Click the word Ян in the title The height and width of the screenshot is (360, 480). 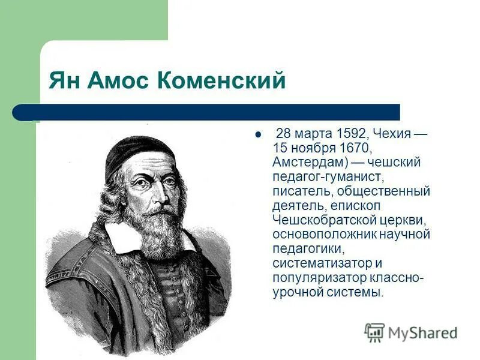[64, 80]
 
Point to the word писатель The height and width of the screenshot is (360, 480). [301, 191]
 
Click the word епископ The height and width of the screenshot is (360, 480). [375, 206]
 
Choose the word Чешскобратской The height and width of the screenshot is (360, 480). [319, 220]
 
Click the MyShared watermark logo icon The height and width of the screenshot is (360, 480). [375, 332]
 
